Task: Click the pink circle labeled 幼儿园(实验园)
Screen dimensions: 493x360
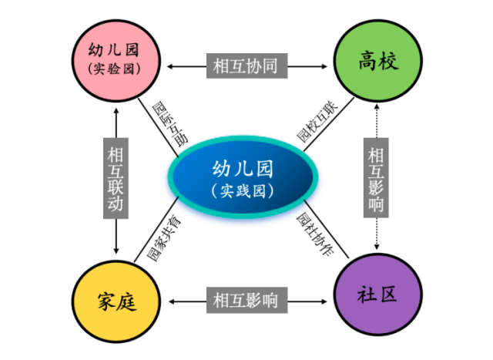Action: coord(116,60)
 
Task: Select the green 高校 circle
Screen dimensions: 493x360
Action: coord(378,60)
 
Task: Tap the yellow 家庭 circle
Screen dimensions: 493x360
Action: coord(116,301)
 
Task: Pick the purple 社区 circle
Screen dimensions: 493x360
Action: coord(378,294)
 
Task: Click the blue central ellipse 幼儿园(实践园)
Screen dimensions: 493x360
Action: coord(243,177)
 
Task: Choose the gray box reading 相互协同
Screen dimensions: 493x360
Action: coord(246,66)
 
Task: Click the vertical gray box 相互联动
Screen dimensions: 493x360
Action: coord(116,178)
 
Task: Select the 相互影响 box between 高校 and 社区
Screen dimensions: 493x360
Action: coord(376,177)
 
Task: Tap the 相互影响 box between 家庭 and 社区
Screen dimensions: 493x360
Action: coord(246,300)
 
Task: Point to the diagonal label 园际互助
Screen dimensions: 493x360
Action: coord(170,124)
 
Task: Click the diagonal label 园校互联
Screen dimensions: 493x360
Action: coord(317,121)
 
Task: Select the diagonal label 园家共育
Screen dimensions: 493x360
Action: coord(164,238)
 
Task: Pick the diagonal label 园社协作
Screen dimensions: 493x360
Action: coord(315,234)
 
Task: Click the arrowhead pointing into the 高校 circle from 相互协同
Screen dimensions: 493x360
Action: coord(324,66)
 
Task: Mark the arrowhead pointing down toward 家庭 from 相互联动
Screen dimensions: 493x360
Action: coord(116,251)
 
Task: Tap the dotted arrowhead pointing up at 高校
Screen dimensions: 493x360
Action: coord(377,107)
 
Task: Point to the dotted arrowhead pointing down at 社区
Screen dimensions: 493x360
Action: coord(377,247)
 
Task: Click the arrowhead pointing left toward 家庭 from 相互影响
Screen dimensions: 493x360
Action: coord(172,301)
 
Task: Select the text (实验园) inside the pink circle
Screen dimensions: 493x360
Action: coord(114,69)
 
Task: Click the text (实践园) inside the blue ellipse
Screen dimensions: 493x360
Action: coord(243,190)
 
